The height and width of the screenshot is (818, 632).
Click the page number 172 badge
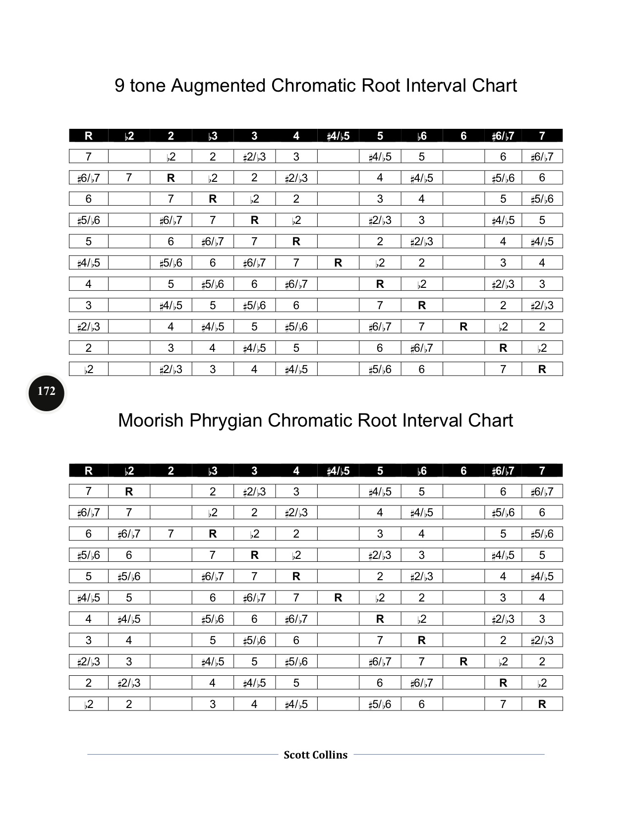click(x=46, y=392)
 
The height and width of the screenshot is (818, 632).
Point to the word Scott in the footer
click(x=296, y=755)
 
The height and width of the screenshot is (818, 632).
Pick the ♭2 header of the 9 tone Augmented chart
click(x=129, y=136)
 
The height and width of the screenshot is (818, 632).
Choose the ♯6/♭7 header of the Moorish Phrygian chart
click(x=503, y=471)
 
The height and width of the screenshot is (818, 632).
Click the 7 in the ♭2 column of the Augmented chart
click(x=129, y=177)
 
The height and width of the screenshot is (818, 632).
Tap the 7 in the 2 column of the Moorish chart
click(x=171, y=534)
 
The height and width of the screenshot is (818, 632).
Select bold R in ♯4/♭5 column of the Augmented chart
click(x=338, y=263)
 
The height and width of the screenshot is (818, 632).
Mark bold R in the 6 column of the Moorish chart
click(x=463, y=661)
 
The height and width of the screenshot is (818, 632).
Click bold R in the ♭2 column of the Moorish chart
click(x=129, y=491)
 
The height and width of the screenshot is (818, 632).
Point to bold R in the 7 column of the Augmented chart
click(x=542, y=369)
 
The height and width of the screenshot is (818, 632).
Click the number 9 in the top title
click(x=119, y=86)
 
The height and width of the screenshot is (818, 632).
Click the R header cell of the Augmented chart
click(x=88, y=136)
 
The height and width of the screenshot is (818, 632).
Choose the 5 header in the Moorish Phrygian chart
click(x=380, y=471)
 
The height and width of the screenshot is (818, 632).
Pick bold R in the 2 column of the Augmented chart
click(x=171, y=177)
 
